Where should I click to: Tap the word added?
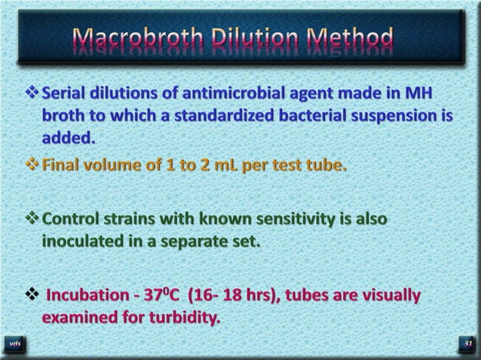pyautogui.click(x=68, y=139)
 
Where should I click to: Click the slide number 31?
pyautogui.click(x=467, y=345)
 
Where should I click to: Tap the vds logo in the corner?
pyautogui.click(x=15, y=345)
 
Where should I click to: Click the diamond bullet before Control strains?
pyautogui.click(x=32, y=219)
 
